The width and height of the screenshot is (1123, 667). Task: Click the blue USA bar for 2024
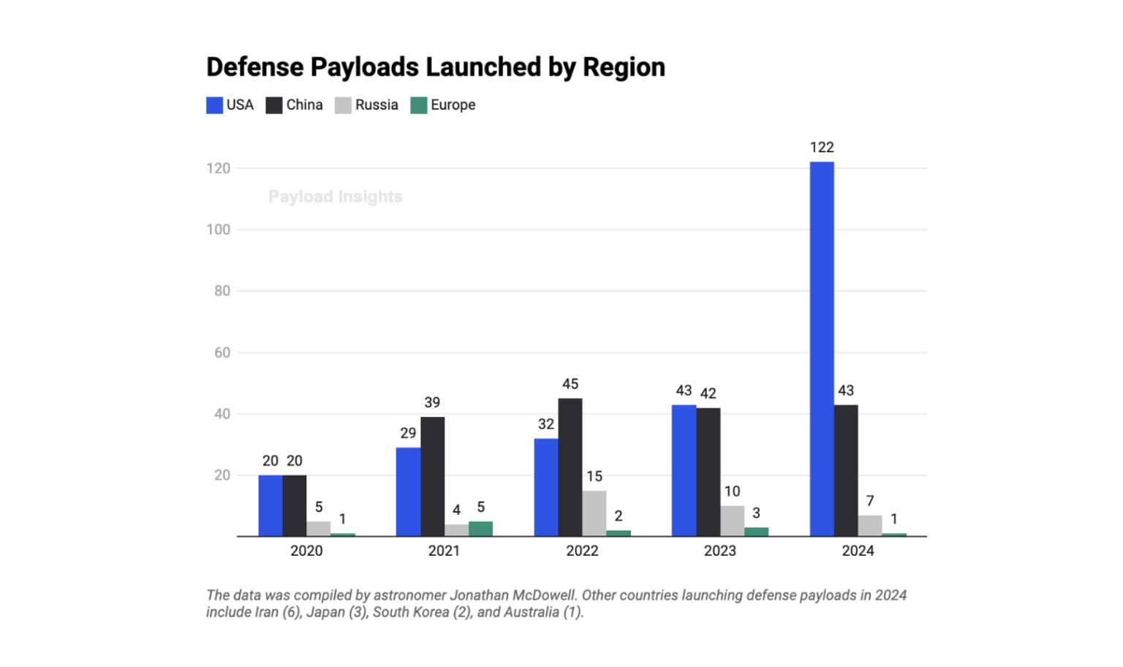click(822, 349)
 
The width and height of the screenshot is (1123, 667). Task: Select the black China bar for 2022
click(570, 467)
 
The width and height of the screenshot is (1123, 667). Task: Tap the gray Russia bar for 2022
click(594, 513)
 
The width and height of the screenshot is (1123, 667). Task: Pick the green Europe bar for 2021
click(480, 529)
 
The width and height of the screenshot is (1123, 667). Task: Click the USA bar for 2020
click(271, 505)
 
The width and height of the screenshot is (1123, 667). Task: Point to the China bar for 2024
click(846, 470)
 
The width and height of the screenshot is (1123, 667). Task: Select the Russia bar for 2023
click(732, 521)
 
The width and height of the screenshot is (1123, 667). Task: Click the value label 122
click(822, 148)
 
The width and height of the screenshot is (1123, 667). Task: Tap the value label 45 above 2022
click(570, 384)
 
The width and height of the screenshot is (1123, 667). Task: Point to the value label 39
click(432, 402)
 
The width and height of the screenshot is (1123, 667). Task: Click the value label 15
click(594, 477)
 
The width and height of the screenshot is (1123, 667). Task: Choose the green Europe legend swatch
click(419, 105)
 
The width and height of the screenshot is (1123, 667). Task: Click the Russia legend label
click(377, 105)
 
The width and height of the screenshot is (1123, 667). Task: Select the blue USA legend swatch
click(214, 105)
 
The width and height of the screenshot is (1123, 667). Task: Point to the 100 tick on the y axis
click(218, 230)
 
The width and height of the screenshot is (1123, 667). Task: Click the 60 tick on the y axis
click(222, 353)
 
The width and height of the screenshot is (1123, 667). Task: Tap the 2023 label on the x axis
click(719, 551)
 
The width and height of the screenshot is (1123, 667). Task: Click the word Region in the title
click(624, 67)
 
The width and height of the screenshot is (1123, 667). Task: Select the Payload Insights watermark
click(335, 197)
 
